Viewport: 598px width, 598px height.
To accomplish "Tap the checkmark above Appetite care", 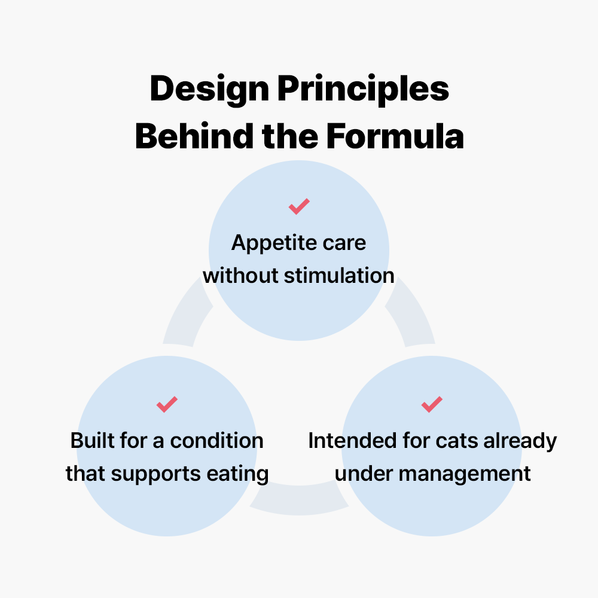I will (298, 207).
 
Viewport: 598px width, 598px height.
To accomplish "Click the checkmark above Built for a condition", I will (167, 404).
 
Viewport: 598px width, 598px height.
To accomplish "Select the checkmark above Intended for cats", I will (431, 404).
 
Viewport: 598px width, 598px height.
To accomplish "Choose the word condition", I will (216, 441).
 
